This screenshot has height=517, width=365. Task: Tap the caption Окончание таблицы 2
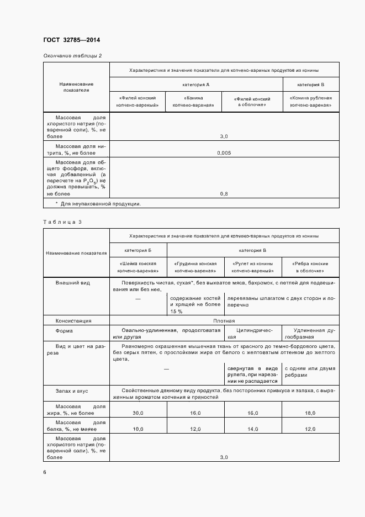(x=72, y=56)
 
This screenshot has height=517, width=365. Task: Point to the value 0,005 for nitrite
(x=224, y=152)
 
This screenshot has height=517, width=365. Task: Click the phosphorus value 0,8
(x=224, y=194)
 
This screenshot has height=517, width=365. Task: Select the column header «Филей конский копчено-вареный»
(x=138, y=101)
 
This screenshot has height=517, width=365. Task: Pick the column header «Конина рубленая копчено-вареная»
(x=311, y=101)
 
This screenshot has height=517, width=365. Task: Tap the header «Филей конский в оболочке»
(x=252, y=101)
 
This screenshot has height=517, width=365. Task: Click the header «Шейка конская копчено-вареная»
(x=138, y=267)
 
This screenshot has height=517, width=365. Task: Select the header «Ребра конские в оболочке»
(x=311, y=267)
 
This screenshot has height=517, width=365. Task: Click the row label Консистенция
(x=73, y=320)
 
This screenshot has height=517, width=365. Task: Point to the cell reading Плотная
(x=224, y=320)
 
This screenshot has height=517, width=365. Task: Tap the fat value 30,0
(x=138, y=413)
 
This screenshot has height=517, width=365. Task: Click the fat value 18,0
(x=310, y=413)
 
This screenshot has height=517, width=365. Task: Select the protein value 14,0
(x=253, y=429)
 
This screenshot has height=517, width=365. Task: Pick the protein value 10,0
(x=138, y=429)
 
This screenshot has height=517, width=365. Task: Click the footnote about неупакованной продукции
(x=98, y=204)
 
